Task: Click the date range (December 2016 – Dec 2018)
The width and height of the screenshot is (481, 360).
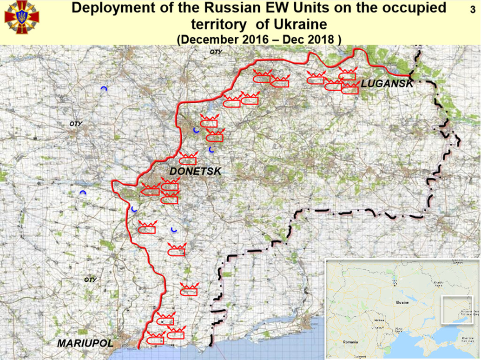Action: click(x=259, y=39)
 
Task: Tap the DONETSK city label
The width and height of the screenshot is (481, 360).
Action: click(x=195, y=172)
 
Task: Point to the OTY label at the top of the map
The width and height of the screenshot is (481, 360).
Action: click(x=216, y=52)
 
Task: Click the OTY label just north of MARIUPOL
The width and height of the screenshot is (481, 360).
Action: click(x=90, y=280)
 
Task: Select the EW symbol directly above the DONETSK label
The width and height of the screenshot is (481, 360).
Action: click(x=188, y=159)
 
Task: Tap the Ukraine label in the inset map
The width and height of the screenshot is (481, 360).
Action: click(x=402, y=302)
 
